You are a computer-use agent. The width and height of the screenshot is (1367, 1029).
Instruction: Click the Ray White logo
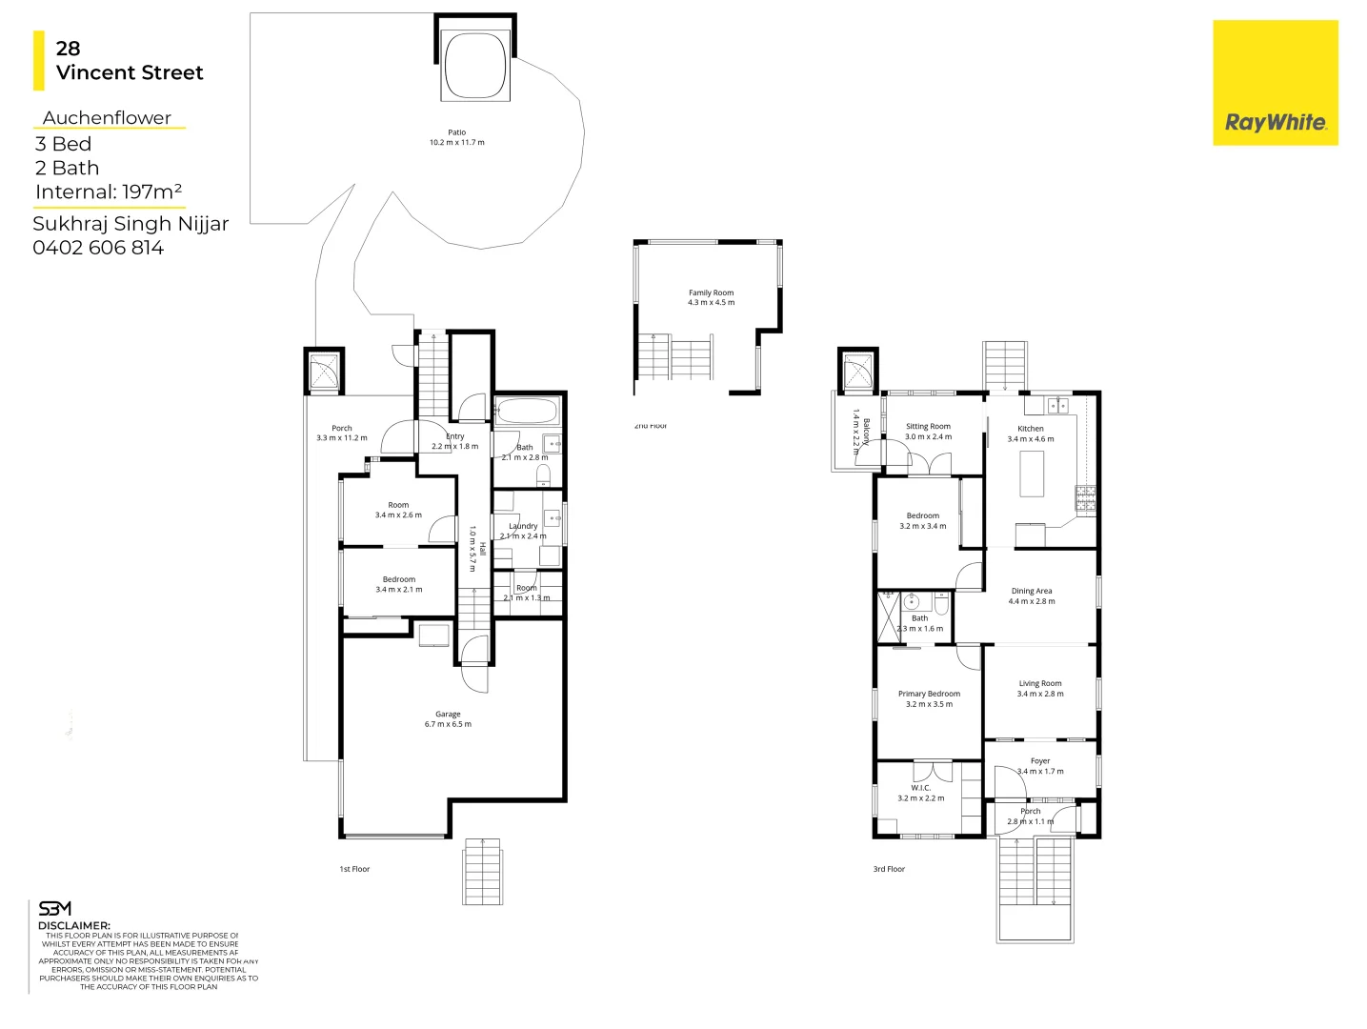click(1275, 83)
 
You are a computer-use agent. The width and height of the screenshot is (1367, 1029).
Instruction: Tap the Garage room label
click(448, 714)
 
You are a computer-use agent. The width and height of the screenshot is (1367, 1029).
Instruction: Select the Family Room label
click(711, 293)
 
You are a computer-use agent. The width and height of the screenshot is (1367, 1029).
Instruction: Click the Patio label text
click(456, 132)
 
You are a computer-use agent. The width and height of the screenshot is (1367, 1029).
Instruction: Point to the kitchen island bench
click(1032, 474)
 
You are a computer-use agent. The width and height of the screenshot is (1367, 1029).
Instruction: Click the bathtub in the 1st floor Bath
click(526, 412)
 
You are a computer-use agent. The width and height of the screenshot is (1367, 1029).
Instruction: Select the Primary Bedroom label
click(929, 694)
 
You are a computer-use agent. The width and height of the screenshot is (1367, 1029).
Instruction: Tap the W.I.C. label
click(920, 788)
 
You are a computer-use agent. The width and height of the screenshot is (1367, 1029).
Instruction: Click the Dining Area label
click(1031, 591)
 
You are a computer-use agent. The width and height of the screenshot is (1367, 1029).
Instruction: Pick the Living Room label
click(1039, 683)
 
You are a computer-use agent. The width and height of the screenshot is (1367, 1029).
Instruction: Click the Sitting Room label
click(928, 427)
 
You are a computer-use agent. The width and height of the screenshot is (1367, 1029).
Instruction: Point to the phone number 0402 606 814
click(98, 248)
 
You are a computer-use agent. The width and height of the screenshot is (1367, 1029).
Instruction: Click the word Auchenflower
click(107, 118)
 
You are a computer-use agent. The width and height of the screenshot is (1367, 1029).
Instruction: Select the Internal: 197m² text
click(108, 192)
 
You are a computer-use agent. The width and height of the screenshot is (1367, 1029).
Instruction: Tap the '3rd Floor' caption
click(889, 869)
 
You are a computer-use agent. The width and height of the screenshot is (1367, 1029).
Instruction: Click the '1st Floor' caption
click(354, 869)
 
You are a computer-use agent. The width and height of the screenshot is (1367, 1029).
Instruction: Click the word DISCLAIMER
click(73, 925)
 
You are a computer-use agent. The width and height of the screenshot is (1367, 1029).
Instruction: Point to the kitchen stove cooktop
click(1085, 496)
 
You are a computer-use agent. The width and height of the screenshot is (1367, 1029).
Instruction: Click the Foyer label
click(1039, 761)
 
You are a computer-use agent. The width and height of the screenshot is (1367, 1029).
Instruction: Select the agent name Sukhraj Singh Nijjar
click(131, 224)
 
